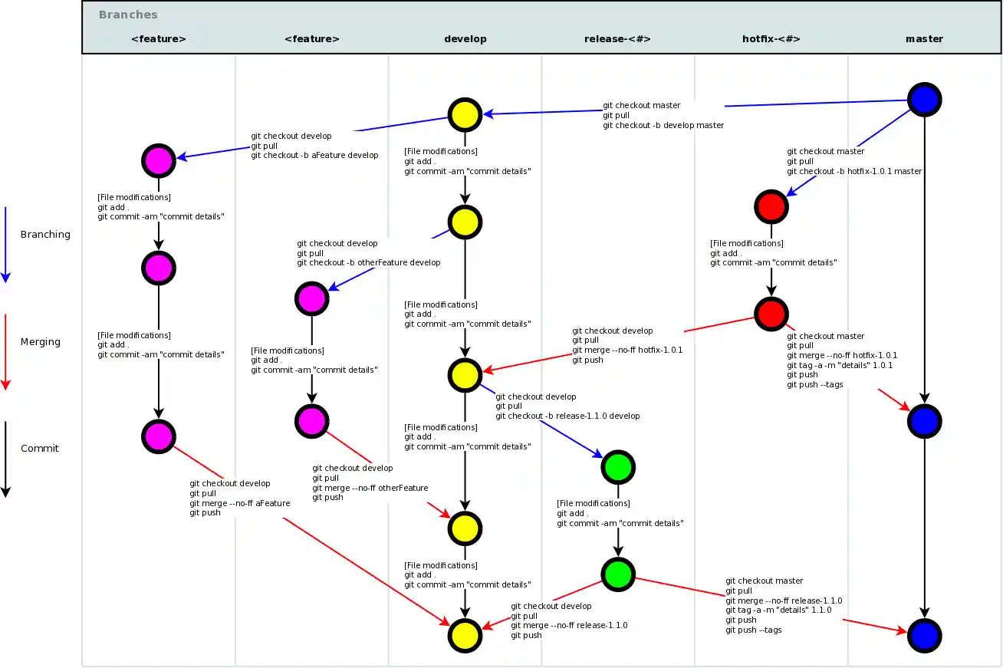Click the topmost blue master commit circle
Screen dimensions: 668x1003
(924, 99)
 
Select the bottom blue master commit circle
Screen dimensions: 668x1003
(924, 635)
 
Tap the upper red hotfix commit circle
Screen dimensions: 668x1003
(771, 206)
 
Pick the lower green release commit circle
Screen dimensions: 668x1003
(617, 574)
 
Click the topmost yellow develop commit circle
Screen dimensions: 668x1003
(464, 114)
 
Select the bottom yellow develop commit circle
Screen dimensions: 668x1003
(464, 635)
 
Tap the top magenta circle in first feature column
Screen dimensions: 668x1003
(158, 160)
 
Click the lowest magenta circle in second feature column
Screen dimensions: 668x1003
(311, 420)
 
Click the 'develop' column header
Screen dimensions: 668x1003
(465, 38)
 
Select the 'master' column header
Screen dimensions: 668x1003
(924, 38)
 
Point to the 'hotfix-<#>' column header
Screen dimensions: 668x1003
(771, 38)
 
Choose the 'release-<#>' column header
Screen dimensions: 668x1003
(617, 38)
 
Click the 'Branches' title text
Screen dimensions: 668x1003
(128, 15)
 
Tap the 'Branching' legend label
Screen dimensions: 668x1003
(45, 234)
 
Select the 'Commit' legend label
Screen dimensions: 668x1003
(40, 448)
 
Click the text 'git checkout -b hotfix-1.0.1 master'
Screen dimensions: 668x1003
(854, 171)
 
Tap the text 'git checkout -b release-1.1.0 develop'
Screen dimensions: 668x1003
(567, 416)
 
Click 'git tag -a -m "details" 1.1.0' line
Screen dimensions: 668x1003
(778, 610)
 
